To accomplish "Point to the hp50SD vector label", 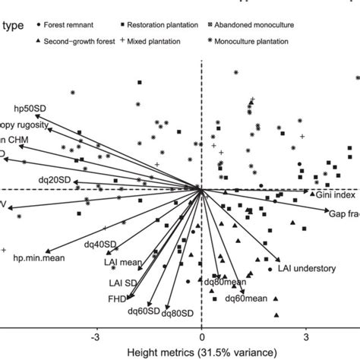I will pos(31,108).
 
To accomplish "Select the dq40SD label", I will pos(100,245).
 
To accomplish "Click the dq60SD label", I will pos(143,311).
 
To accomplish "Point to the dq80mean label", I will pos(225,283).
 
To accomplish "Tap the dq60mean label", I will pos(248,299).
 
